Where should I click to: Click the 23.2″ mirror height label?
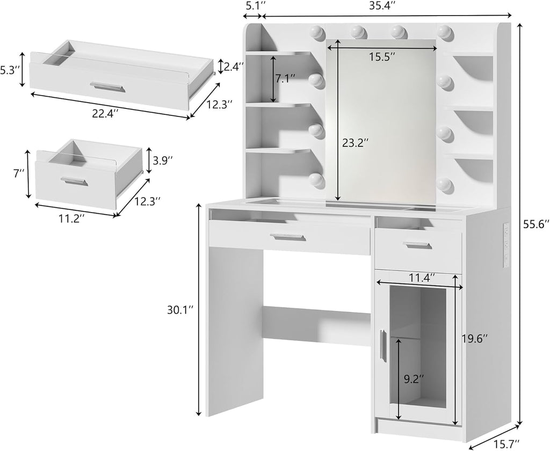coord(355,143)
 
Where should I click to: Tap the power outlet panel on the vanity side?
coord(505,244)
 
